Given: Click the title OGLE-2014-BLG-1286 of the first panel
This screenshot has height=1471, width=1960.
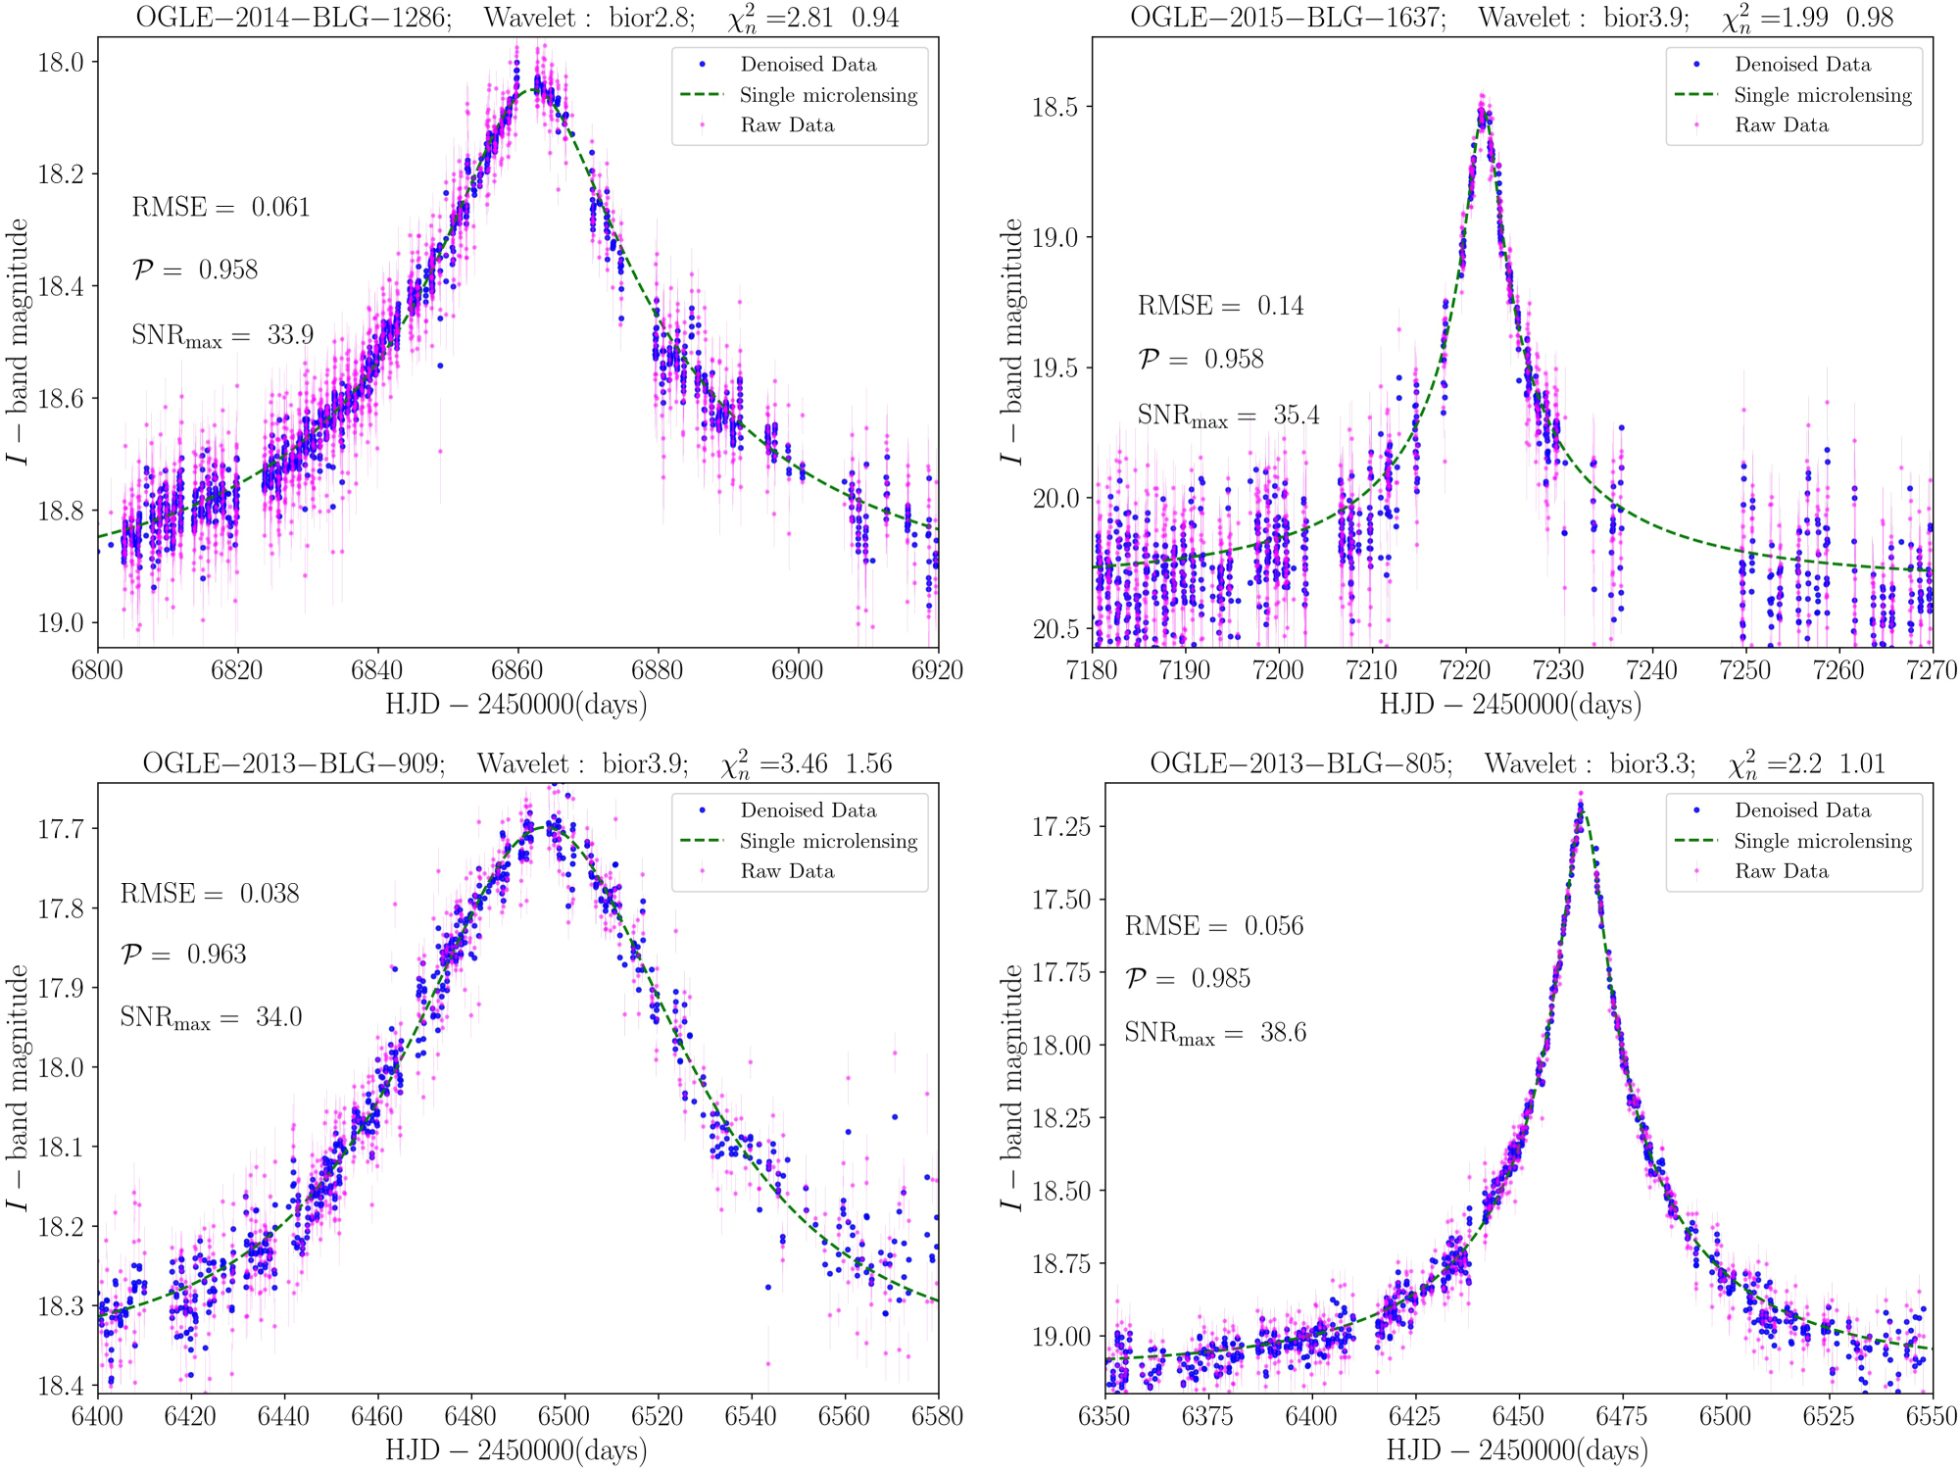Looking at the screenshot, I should tap(293, 18).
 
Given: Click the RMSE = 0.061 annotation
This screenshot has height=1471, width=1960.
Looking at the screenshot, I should tap(220, 208).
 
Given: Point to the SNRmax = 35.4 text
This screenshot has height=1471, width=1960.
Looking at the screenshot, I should tap(1228, 416).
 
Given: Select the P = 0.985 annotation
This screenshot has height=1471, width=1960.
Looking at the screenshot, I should tap(1187, 978).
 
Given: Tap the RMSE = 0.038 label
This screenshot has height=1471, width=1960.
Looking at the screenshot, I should tap(210, 894).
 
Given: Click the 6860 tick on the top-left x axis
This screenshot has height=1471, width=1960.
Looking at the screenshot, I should tap(516, 671).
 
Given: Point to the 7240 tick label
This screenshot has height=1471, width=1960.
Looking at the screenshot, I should tap(1652, 671).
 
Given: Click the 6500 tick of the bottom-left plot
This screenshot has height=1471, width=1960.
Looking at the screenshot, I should tap(564, 1416).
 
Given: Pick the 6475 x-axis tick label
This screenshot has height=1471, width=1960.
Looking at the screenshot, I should tap(1622, 1416).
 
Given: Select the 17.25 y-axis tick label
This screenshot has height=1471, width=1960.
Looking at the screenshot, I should tap(1061, 826).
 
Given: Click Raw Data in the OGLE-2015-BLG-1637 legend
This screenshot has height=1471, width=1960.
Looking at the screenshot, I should tap(1781, 125).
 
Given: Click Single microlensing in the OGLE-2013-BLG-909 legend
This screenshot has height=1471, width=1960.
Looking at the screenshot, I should tap(828, 841).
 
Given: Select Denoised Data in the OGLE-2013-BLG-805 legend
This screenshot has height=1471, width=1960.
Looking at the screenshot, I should tap(1801, 810).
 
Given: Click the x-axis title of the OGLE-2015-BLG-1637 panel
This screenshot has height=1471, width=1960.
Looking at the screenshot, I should tap(1510, 705).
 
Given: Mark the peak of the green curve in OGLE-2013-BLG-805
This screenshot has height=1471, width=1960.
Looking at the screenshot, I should tap(1581, 812).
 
